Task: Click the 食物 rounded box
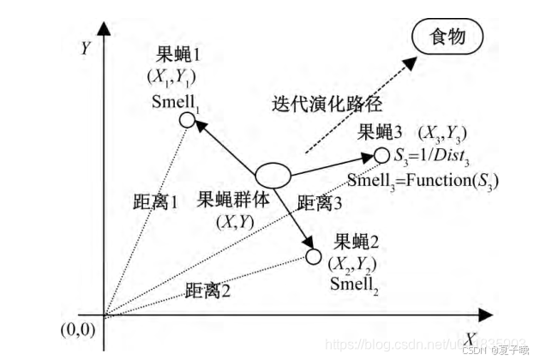pos(447,37)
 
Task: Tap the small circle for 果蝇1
pos(189,120)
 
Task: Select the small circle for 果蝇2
pos(314,255)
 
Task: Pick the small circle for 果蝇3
pos(381,155)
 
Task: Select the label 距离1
pos(155,204)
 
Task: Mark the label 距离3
pos(319,203)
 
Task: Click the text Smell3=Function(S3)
pos(423,181)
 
